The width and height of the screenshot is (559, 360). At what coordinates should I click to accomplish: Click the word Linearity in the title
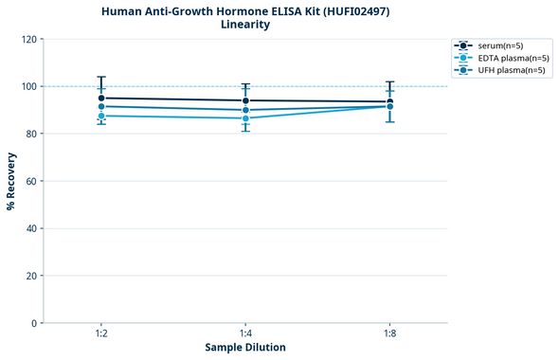point(244,25)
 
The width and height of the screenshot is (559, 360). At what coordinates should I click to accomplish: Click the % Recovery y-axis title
point(11,181)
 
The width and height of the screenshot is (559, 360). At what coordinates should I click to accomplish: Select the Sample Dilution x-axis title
point(245,348)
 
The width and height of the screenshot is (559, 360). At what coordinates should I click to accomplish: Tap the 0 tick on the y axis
point(34,323)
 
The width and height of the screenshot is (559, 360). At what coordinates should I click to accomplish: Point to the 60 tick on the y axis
point(31,181)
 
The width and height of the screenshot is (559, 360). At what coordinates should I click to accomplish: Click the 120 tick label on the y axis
point(28,40)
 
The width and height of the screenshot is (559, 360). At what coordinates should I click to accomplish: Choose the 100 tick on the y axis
point(28,86)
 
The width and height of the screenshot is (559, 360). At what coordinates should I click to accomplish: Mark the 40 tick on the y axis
point(31,228)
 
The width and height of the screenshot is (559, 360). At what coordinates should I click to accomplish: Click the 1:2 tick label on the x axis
point(101,333)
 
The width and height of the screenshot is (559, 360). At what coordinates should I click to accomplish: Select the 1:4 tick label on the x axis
point(245,333)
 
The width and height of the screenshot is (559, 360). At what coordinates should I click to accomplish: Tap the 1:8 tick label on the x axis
point(389,333)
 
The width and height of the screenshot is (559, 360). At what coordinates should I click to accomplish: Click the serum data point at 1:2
point(101,98)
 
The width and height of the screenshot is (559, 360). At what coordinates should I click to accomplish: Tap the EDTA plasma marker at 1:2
point(101,116)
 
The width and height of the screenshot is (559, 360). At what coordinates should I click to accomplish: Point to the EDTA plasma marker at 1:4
point(245,118)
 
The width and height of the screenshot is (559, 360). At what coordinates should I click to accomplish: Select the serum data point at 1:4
point(245,100)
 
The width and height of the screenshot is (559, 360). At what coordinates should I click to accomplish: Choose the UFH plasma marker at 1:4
point(245,110)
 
